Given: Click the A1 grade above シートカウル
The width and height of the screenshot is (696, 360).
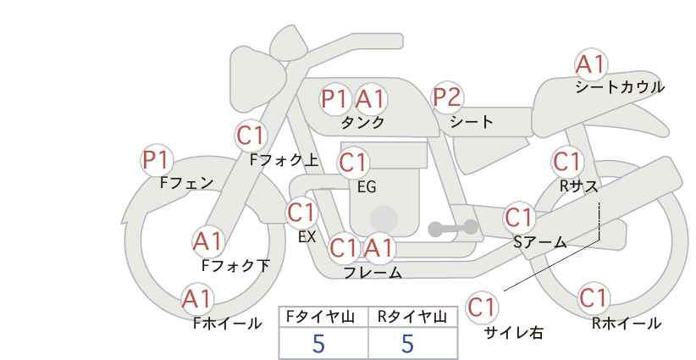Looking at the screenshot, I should (591, 64).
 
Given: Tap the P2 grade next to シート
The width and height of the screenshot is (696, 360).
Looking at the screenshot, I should (448, 97).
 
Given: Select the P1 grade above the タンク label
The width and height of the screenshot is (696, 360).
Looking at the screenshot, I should (335, 99).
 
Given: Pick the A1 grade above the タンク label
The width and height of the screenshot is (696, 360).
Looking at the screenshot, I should (370, 99).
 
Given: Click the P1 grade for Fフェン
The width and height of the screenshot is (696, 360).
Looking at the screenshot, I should (157, 159).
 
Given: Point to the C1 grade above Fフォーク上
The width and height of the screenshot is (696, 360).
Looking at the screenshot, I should (251, 135).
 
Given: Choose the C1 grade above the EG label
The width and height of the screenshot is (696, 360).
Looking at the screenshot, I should (353, 162).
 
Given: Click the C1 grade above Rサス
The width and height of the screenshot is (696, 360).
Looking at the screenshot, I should (567, 161).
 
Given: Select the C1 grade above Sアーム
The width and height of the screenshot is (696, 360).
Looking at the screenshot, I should (519, 217).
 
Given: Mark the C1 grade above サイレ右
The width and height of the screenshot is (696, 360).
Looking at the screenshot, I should (482, 307).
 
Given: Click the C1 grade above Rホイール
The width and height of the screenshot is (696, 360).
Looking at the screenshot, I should (594, 298).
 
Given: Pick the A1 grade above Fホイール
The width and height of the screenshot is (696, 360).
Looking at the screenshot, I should (197, 298).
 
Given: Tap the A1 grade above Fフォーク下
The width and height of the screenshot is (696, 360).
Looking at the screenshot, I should (207, 241).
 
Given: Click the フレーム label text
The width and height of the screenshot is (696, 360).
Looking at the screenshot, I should (373, 273).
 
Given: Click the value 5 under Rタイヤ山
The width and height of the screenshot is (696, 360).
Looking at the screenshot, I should (408, 344).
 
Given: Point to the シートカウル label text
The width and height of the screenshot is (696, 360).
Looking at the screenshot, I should (619, 87).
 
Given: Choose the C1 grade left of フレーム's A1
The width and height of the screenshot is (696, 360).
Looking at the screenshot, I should (344, 248).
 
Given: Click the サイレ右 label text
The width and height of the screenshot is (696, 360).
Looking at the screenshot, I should (513, 333).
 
